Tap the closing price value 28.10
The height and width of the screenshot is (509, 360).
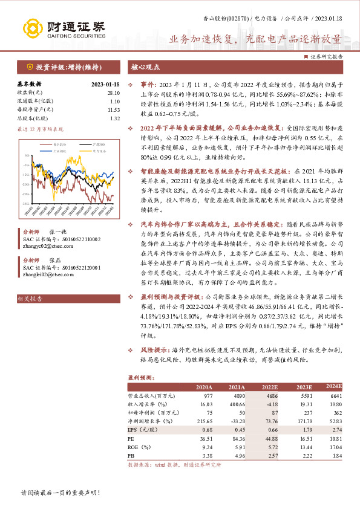click(x=114, y=92)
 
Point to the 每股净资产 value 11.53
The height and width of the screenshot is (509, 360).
click(x=114, y=109)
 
